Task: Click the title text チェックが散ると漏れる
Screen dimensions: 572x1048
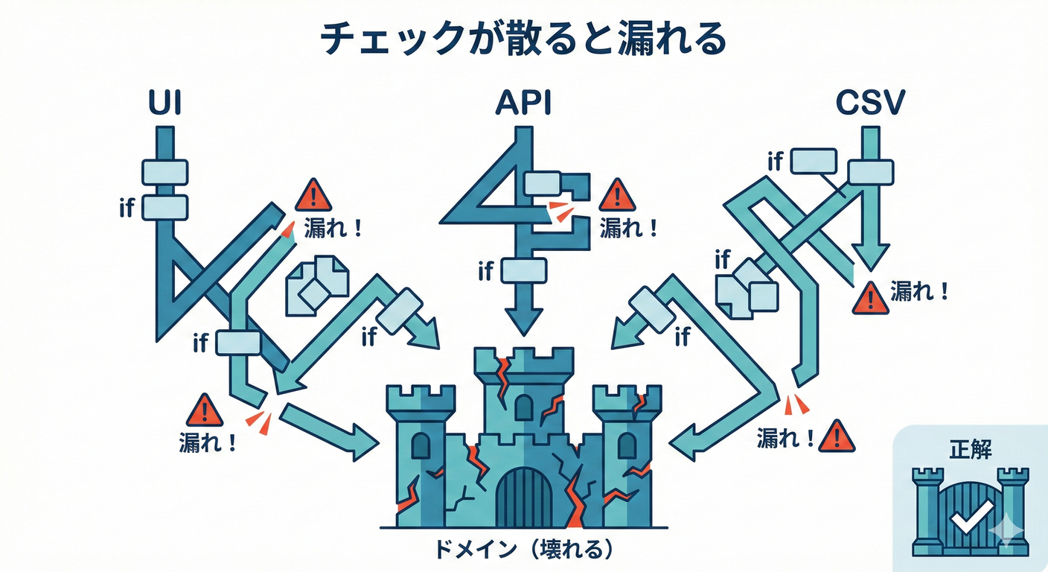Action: [x=523, y=39]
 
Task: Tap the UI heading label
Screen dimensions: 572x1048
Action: [x=164, y=104]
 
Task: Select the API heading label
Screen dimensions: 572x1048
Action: [x=523, y=104]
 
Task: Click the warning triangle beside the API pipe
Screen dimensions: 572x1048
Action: [x=617, y=197]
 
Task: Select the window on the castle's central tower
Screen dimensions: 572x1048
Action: [x=524, y=407]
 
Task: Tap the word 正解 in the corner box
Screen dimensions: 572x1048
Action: [x=971, y=449]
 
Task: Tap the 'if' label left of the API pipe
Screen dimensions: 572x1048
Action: [x=486, y=271]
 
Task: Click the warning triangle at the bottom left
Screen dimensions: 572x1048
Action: [x=204, y=411]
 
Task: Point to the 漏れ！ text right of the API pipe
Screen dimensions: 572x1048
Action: [x=628, y=227]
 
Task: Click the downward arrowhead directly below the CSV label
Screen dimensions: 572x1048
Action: [x=869, y=257]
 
